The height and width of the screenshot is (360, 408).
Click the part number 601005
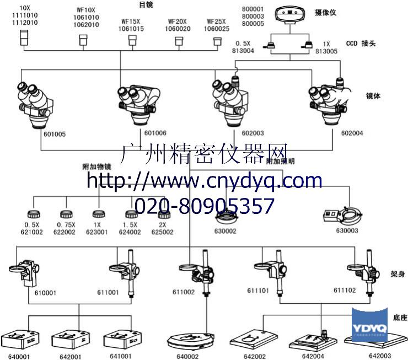54,133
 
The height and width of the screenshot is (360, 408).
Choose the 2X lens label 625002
162,232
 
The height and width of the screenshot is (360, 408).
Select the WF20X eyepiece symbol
179,41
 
